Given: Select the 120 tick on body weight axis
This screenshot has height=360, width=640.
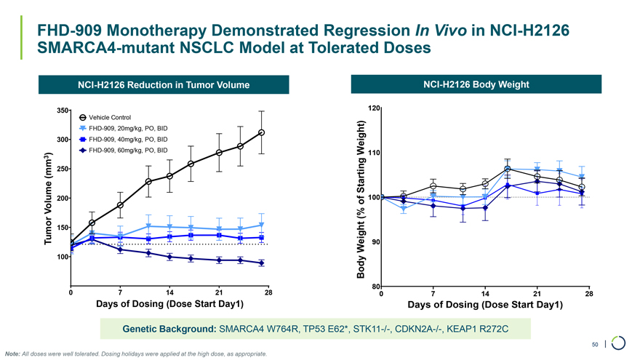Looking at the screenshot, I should coord(374,108).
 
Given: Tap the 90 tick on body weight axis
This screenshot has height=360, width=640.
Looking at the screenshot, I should coord(376,241).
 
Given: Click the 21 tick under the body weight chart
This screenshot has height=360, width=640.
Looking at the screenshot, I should coord(537,293).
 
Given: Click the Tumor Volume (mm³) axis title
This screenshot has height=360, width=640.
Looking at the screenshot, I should coord(47,198).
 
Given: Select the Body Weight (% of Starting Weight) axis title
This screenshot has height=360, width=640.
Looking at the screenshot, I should coord(360,198).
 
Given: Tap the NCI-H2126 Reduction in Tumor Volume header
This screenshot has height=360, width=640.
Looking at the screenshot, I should coord(163,86).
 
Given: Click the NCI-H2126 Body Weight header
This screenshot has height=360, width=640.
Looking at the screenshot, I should coord(476,85).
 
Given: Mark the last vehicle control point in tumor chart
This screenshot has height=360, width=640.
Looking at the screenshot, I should coord(261,132).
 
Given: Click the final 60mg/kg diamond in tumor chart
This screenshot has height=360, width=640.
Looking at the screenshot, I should coord(261,263).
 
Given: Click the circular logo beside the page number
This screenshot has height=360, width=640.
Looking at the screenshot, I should coord(619,342).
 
